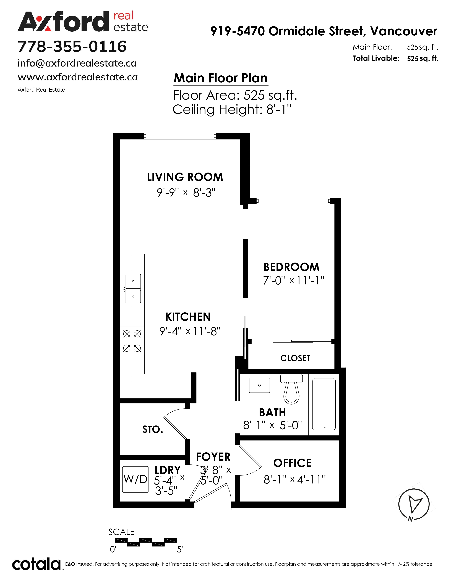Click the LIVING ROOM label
point(185,177)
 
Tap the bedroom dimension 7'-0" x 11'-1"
point(293,281)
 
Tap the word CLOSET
point(295,358)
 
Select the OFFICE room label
point(292,463)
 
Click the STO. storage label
point(153,430)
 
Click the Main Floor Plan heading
point(221,78)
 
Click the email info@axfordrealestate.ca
point(77,64)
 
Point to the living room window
point(180,136)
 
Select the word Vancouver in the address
point(404,31)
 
